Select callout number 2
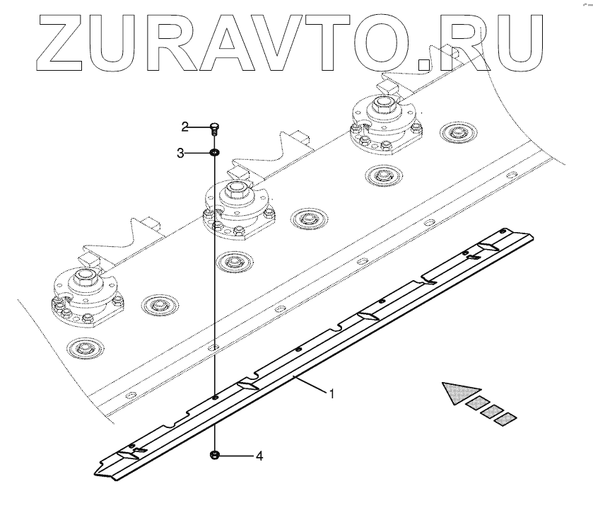pos(184,127)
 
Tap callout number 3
pos(181,152)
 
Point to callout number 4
pos(259,457)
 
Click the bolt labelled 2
pos(214,128)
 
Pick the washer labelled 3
pos(213,152)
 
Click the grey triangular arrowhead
pos(459,393)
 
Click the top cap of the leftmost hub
pos(86,277)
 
